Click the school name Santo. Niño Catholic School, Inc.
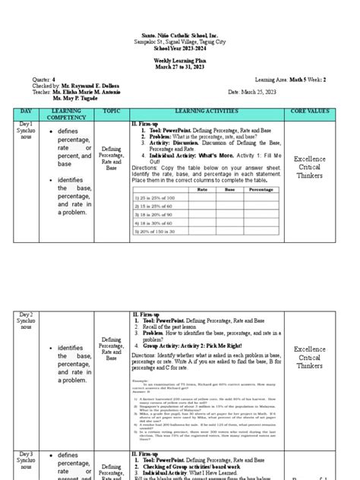tap(180, 36)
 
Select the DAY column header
tap(25, 112)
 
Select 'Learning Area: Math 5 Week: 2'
tap(291, 79)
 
